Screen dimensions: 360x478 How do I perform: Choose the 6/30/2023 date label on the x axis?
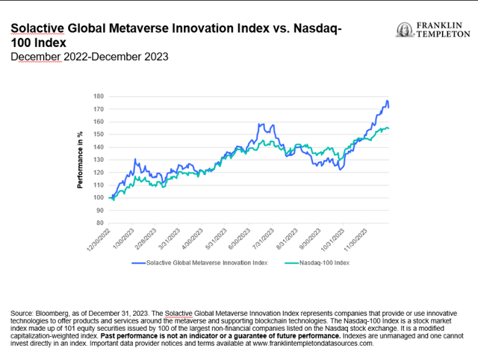(240, 240)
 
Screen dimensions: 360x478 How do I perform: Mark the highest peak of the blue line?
(387, 101)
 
